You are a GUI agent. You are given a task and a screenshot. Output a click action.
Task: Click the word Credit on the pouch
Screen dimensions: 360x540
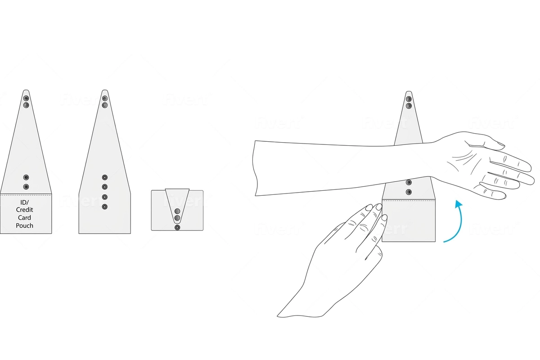tap(25, 210)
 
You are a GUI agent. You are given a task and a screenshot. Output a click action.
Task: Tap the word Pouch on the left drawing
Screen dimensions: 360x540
tap(25, 225)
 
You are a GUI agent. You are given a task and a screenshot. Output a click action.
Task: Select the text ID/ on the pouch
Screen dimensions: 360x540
tap(25, 202)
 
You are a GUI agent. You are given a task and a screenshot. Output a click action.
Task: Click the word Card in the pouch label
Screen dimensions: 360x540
tap(25, 218)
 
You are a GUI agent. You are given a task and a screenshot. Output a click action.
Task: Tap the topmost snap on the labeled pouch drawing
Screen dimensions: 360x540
tap(26, 98)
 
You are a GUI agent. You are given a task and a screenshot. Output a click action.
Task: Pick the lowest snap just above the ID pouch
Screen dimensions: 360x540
tap(26, 187)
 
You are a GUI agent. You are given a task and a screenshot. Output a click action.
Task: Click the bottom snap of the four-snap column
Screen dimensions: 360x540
tap(105, 207)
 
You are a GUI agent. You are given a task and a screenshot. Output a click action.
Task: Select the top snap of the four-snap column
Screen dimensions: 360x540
tap(105, 177)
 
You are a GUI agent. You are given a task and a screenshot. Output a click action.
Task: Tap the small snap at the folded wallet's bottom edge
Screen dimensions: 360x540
tap(177, 228)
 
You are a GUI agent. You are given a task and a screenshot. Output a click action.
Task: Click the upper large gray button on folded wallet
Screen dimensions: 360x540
tap(177, 211)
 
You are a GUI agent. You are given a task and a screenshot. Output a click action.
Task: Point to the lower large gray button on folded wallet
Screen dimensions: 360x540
tap(177, 218)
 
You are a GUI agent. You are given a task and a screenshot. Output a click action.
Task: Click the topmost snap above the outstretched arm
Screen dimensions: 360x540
tap(409, 99)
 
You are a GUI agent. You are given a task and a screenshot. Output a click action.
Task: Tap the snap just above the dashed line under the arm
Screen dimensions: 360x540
tap(409, 192)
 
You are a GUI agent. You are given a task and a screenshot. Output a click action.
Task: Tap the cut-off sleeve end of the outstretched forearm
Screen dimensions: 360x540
tap(256, 168)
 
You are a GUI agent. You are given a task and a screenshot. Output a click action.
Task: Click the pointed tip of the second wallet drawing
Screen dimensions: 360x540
tap(105, 91)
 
